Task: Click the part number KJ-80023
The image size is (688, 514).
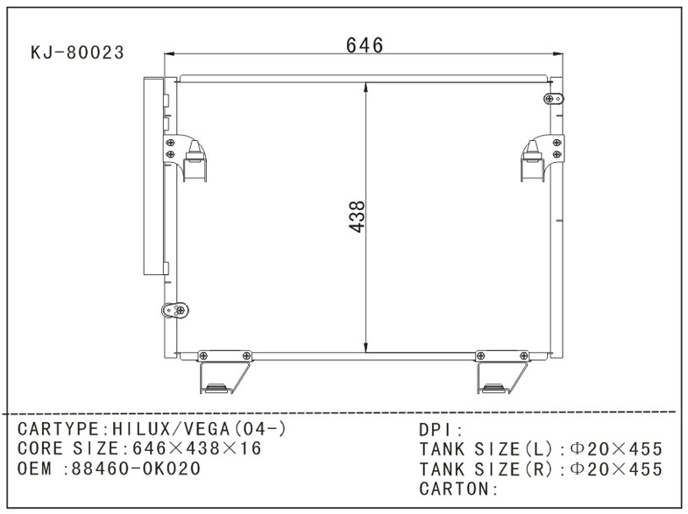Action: (x=77, y=53)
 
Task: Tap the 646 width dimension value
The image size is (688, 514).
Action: (x=365, y=46)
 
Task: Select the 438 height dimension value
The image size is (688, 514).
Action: (x=356, y=216)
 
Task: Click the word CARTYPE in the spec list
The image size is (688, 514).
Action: (x=60, y=429)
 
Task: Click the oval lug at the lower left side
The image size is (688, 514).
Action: (x=176, y=309)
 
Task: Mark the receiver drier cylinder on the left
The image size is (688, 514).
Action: (x=153, y=175)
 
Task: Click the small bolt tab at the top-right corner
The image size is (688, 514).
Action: (x=553, y=99)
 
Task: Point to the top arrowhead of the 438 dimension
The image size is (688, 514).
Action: (x=365, y=87)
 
